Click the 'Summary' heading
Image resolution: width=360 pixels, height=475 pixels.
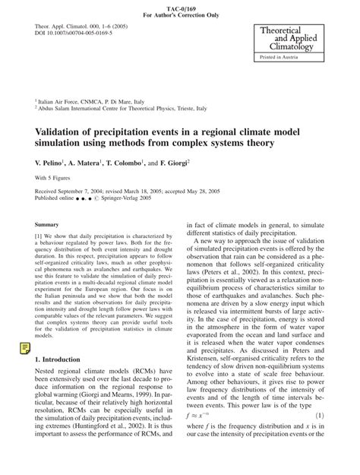(47, 225)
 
